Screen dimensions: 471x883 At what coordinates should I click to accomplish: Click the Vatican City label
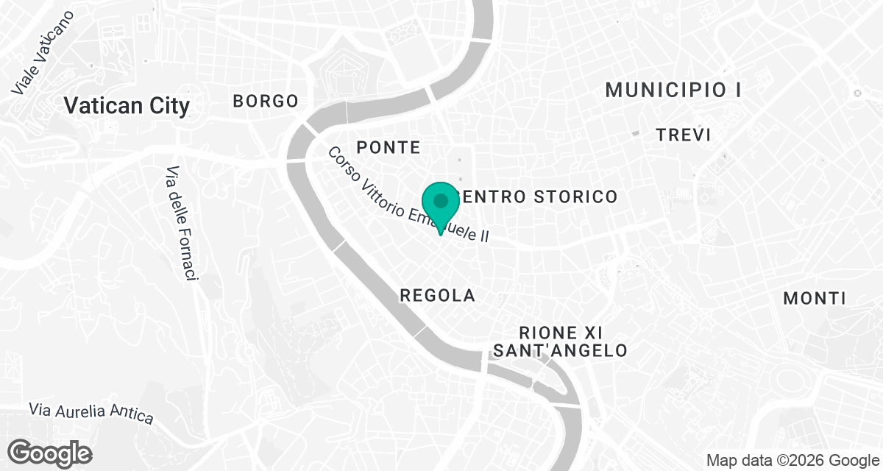point(127,106)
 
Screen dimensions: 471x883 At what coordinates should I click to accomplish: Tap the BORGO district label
point(266,102)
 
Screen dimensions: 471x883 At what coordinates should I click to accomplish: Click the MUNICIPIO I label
point(673,91)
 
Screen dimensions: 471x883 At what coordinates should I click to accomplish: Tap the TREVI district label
point(684,135)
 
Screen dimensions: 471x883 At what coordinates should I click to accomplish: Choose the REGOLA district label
point(437,296)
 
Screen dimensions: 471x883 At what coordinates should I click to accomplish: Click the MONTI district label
point(814,299)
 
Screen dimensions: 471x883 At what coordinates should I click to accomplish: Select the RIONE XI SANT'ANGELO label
point(561,341)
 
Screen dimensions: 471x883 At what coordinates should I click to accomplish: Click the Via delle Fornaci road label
point(182,222)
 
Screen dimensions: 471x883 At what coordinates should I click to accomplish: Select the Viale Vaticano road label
point(43,52)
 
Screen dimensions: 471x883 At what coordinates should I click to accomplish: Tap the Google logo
point(49,452)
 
